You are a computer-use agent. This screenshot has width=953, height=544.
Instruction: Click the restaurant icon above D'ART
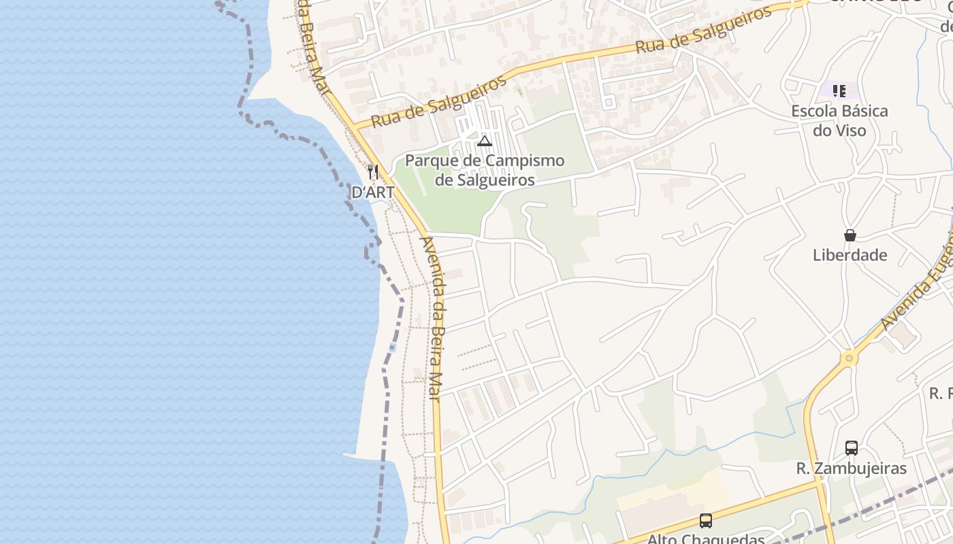tap(372, 171)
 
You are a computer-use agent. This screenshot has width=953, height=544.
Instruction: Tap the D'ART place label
tap(372, 192)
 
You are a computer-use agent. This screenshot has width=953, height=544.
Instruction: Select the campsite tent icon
tap(485, 141)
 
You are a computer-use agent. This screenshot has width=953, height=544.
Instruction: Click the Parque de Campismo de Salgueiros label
tap(485, 170)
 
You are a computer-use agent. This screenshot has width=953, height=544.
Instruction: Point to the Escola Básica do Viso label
tap(839, 120)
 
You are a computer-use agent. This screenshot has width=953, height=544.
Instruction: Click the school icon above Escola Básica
tap(839, 90)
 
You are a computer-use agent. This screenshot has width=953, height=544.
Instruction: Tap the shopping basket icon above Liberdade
tap(850, 235)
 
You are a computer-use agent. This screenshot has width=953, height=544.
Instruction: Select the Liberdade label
tap(850, 255)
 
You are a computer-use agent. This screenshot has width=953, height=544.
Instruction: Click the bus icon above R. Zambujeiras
tap(852, 447)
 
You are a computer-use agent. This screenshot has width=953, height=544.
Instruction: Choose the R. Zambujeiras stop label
tap(852, 469)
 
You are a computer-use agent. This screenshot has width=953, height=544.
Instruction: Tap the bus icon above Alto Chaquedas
tap(706, 521)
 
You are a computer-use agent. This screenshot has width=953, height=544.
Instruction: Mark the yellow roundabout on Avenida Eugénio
tap(849, 358)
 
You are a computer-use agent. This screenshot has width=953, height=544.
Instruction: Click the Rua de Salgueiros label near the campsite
tap(440, 102)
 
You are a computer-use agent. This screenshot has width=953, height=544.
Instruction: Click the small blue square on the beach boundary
tap(393, 347)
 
